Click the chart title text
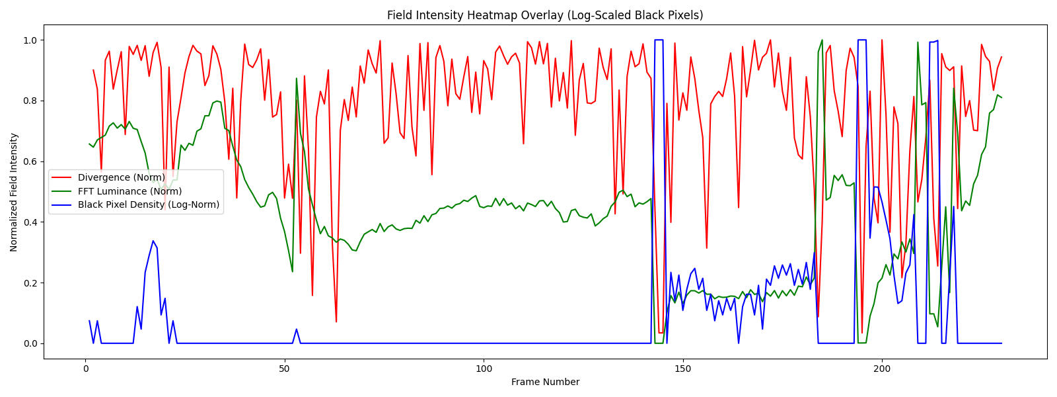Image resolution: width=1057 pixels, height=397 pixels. pos(545,15)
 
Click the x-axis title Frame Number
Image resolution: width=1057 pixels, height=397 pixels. pos(545,382)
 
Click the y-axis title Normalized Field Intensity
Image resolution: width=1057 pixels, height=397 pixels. pos(14,192)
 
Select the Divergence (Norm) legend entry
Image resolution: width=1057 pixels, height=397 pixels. pos(120,177)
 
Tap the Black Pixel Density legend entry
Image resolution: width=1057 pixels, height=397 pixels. pos(148,204)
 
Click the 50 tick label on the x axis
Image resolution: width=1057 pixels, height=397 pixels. pos(284,369)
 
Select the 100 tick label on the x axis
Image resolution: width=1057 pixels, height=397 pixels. pos(484,369)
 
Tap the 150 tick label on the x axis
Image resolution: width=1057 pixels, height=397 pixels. pos(682,369)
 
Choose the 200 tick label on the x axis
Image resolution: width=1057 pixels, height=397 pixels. pos(882,369)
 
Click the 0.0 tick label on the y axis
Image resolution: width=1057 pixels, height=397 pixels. pos(32,343)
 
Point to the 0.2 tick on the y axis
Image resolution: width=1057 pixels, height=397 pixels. pos(32,283)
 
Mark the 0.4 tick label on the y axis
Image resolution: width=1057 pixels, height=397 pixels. pos(32,222)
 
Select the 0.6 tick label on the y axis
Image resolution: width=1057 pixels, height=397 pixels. pos(32,161)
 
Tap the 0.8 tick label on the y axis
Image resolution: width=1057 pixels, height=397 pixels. pos(32,101)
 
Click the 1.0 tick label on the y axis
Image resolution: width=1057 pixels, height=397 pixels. pos(32,40)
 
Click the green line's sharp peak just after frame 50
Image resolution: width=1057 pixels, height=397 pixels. pos(297,79)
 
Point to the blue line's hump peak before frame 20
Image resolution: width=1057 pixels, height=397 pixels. pos(153,241)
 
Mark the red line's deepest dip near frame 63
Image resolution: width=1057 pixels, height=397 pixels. pos(336,322)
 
